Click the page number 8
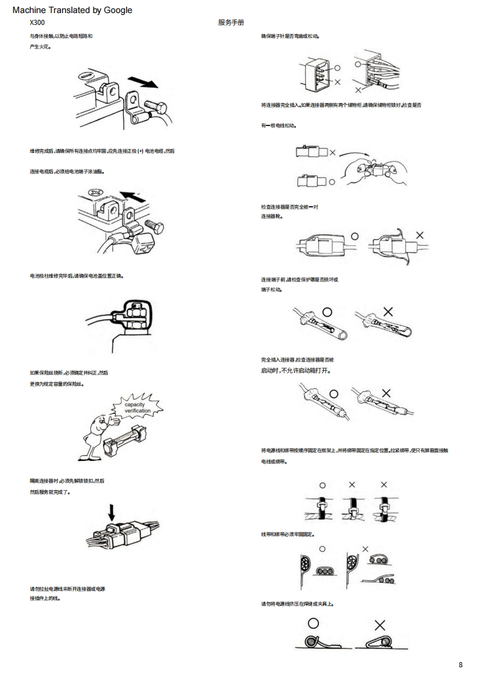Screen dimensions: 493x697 [x=460, y=665]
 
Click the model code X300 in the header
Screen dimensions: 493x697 [x=37, y=22]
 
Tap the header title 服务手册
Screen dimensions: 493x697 [x=231, y=22]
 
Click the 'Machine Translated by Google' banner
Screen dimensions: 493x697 [x=72, y=10]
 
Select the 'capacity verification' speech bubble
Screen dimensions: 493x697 [x=137, y=408]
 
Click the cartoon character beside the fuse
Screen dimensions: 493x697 [x=97, y=432]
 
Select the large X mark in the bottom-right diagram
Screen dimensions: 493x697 [x=379, y=625]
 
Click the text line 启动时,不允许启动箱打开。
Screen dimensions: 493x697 [x=295, y=371]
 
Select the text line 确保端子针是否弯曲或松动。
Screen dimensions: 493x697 [x=290, y=37]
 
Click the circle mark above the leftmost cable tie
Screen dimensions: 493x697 [x=322, y=485]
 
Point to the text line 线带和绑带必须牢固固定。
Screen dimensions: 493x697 [x=288, y=534]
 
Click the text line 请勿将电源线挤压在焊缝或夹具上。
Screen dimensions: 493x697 [x=298, y=603]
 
